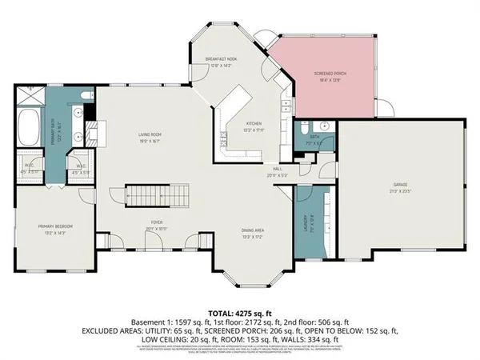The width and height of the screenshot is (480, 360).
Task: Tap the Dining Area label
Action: [254, 231]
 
